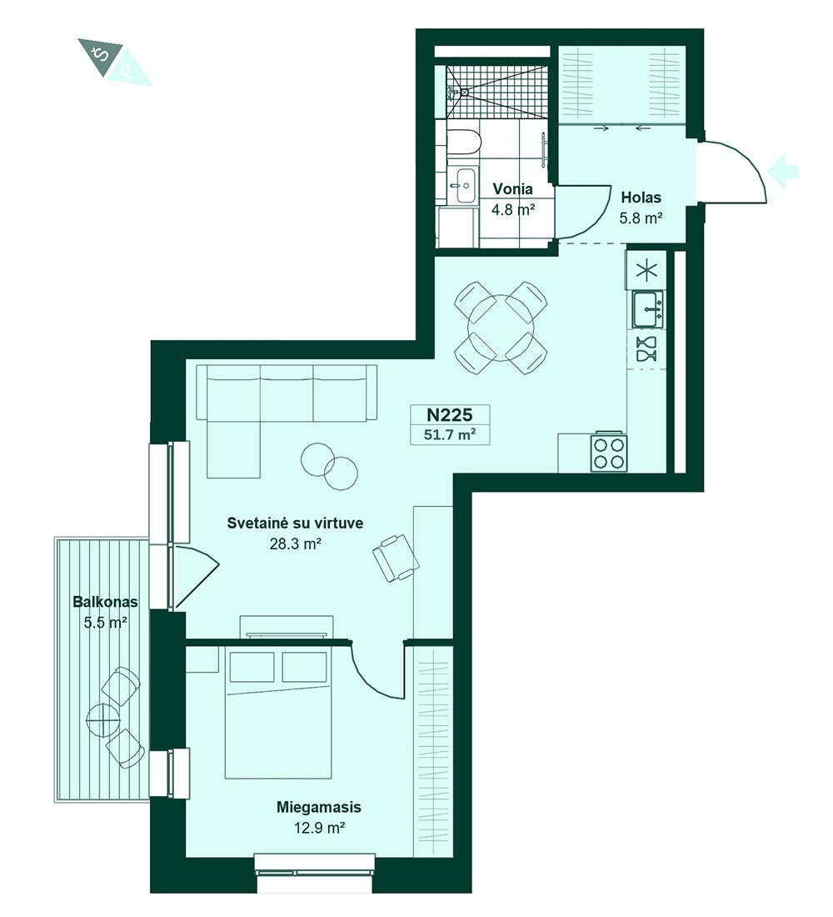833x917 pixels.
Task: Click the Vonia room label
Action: (512, 189)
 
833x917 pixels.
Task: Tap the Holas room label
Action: (641, 197)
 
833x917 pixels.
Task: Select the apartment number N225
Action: (449, 414)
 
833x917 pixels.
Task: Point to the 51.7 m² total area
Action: (449, 434)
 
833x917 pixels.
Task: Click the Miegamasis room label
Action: (318, 807)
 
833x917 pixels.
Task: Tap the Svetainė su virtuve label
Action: (295, 523)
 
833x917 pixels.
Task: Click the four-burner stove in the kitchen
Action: (610, 452)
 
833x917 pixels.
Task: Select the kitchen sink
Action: (648, 308)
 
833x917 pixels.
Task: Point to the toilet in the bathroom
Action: (464, 142)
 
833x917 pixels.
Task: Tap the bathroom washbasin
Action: (466, 185)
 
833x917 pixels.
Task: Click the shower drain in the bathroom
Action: (464, 91)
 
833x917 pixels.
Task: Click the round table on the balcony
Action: (103, 718)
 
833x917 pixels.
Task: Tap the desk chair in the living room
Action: (396, 558)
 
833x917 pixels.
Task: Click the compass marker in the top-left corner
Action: (114, 62)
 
